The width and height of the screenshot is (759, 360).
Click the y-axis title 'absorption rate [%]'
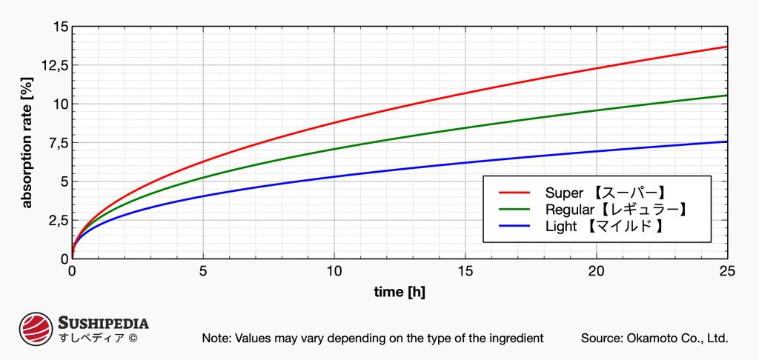click(27, 143)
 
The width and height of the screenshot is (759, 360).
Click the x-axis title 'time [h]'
click(399, 291)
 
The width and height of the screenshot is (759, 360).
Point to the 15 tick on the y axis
click(60, 27)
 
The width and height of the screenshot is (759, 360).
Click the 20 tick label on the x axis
click(596, 271)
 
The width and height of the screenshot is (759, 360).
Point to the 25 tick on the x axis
click(726, 271)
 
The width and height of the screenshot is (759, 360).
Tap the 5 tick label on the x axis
click(203, 271)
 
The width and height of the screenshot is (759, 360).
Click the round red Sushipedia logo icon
click(35, 330)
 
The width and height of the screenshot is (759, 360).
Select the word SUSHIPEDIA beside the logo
click(103, 323)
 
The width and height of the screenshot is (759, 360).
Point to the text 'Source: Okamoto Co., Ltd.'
click(654, 338)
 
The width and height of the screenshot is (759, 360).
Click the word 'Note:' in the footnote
click(216, 338)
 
